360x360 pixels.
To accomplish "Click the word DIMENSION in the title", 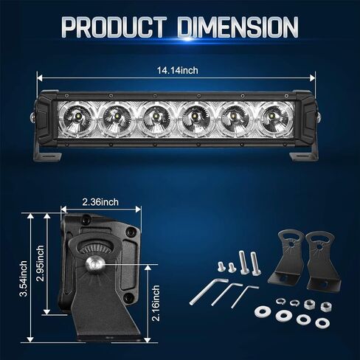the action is (x=238, y=27).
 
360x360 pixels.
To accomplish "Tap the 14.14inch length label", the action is (x=178, y=71).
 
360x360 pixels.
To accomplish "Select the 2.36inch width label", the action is (x=100, y=202).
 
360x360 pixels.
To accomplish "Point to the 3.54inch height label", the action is (x=24, y=279).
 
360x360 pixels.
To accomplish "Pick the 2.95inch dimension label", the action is (x=40, y=263).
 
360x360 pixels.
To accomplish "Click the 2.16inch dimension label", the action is (x=156, y=303).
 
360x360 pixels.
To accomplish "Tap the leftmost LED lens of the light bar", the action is (x=77, y=118).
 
